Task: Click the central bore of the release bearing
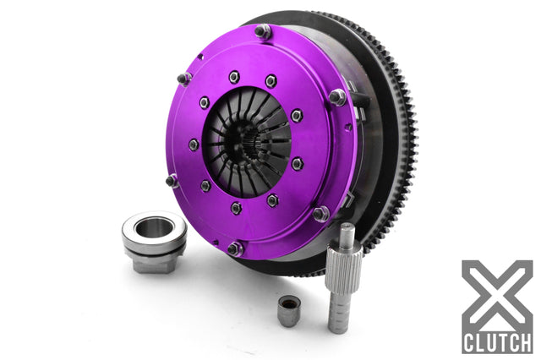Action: click(x=154, y=227)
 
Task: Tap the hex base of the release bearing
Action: click(x=152, y=265)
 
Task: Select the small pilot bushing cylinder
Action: click(x=289, y=311)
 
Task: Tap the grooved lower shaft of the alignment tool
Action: click(x=338, y=314)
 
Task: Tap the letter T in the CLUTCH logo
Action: click(x=501, y=343)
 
